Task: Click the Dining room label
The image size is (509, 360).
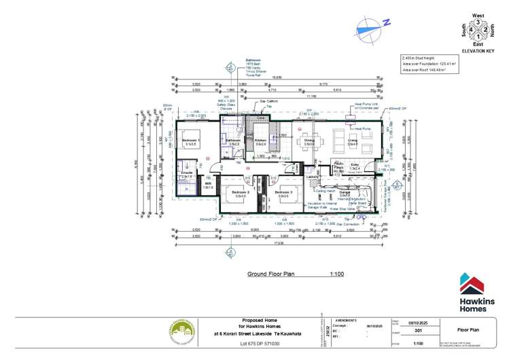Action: [x=309, y=141]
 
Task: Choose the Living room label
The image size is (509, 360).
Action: [x=353, y=141]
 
